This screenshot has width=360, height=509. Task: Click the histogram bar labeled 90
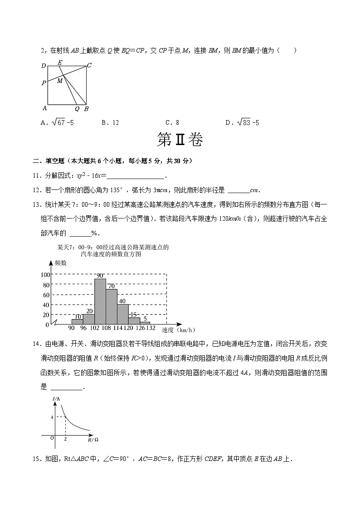100,301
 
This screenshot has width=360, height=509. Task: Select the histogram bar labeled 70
112,307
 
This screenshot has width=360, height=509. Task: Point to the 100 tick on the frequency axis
45,275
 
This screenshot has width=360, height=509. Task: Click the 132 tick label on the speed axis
151,329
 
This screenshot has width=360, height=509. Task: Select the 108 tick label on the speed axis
106,329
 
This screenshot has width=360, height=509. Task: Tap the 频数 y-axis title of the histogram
61,263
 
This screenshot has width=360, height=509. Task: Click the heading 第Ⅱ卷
180,140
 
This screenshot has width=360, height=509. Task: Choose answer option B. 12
110,122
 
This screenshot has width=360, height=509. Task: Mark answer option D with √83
242,122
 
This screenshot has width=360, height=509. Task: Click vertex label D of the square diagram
44,66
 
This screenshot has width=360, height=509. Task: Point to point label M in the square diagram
59,81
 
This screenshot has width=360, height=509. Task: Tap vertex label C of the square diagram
89,65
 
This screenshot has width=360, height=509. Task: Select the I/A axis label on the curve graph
56,398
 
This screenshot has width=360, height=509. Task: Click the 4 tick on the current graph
52,417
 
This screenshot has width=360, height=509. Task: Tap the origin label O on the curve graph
52,438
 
